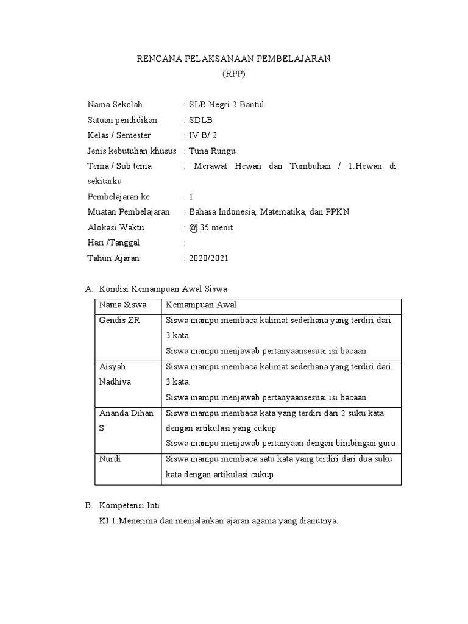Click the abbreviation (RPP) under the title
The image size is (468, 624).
pos(234,74)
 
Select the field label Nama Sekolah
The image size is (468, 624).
pos(115,104)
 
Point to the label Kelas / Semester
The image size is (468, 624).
pos(119,135)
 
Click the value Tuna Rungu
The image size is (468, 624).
pos(212,151)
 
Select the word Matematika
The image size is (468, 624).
pos(286,212)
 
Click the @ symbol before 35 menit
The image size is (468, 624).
pos(194,227)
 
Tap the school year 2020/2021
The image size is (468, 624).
pos(209,258)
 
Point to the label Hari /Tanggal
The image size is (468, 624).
pos(113,243)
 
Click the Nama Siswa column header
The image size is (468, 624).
pos(119,305)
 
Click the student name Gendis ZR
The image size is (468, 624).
pos(119,321)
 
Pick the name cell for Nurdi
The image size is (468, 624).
pos(110,459)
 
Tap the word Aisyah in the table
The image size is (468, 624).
pos(112,367)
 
